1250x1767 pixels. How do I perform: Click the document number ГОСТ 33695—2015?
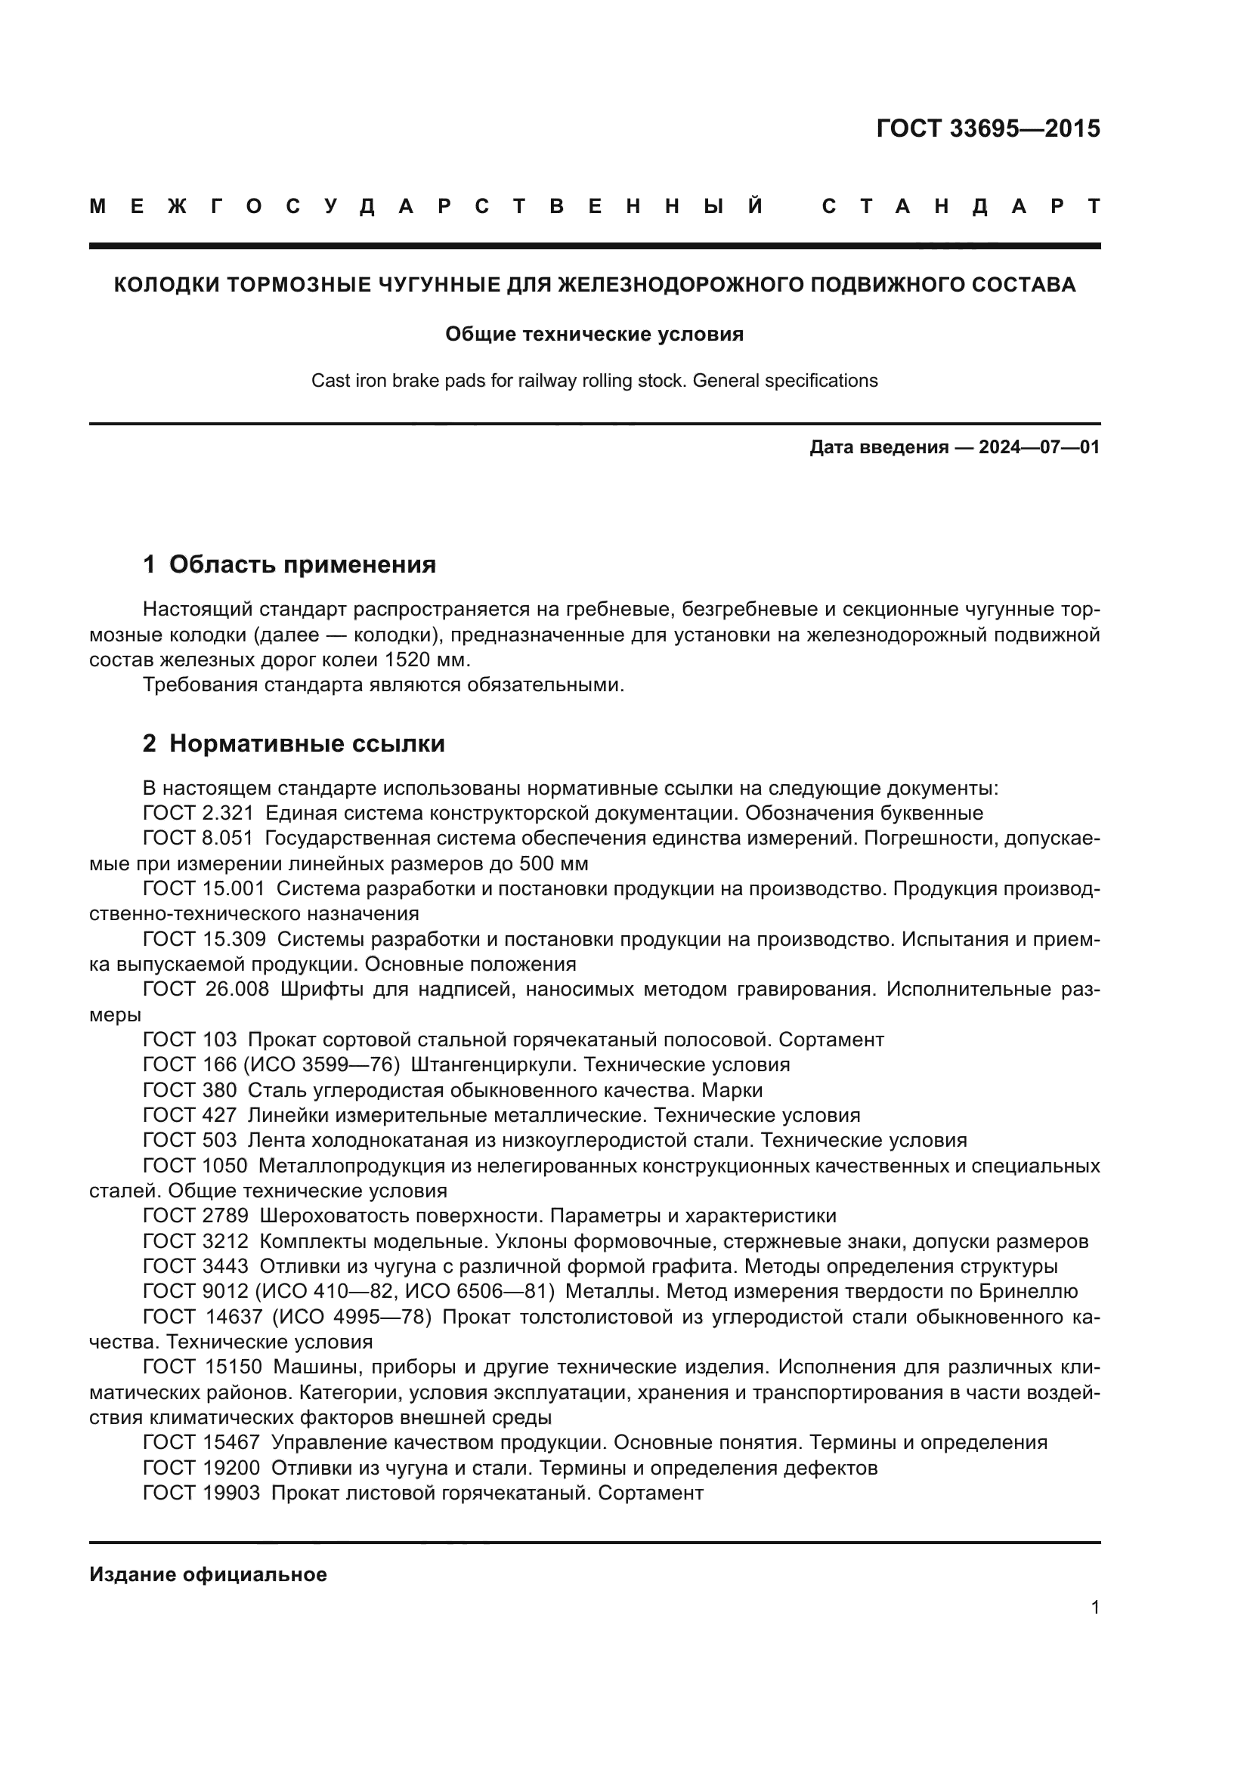988,128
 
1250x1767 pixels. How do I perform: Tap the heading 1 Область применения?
289,564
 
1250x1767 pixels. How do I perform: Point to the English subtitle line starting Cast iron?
594,381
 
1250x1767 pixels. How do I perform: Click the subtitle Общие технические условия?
594,334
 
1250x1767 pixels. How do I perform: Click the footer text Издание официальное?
208,1574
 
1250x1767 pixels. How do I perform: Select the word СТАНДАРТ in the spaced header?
961,206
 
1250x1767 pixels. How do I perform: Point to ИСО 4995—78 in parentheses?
351,1317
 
